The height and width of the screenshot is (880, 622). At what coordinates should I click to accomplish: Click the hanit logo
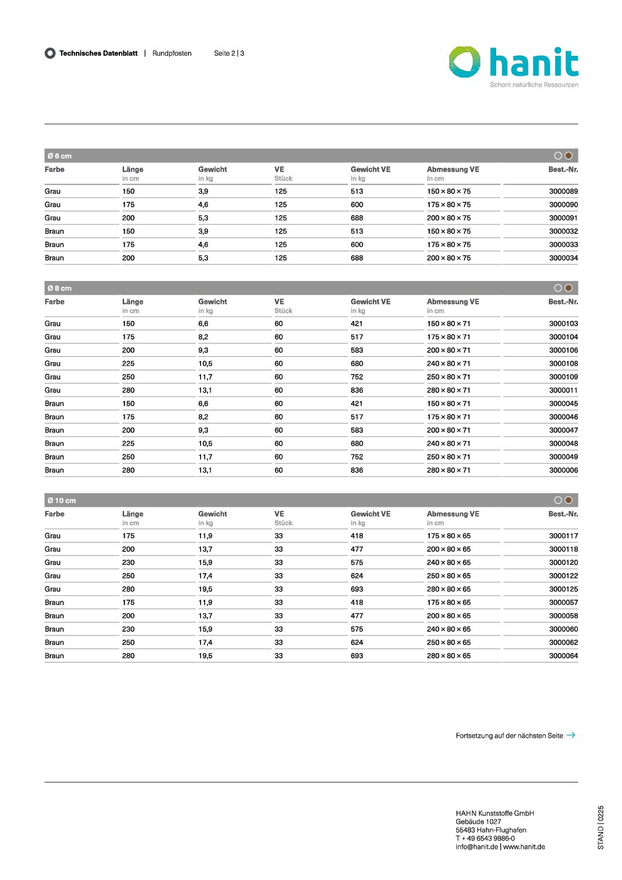point(513,63)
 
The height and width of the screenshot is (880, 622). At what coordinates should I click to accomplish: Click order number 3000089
point(563,192)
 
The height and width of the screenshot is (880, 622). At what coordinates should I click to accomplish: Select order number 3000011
point(563,390)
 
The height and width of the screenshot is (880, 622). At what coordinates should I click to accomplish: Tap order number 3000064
point(563,656)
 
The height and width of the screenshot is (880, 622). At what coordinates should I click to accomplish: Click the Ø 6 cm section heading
point(59,156)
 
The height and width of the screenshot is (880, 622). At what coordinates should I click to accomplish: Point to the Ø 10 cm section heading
point(62,501)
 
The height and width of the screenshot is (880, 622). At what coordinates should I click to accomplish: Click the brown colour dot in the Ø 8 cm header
point(569,288)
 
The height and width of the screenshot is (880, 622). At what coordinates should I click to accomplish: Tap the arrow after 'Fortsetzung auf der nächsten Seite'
point(571,735)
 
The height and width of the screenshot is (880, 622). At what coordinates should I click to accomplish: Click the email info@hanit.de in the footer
point(477,847)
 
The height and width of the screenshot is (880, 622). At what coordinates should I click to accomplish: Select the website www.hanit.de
point(524,847)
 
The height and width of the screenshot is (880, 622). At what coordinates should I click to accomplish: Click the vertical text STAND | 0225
point(601,827)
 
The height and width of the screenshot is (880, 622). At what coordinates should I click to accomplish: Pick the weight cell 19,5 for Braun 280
point(205,656)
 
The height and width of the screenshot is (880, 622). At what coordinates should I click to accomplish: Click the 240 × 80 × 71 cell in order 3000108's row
point(449,364)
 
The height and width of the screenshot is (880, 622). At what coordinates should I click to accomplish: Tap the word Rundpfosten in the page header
point(172,53)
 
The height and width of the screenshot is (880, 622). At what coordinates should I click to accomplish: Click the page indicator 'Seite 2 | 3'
point(229,53)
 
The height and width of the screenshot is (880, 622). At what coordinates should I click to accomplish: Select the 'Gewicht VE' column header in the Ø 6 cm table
point(370,170)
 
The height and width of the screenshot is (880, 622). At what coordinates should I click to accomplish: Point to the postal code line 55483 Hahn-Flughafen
point(491,830)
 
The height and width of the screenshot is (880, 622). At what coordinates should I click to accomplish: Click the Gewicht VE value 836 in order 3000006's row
point(357,470)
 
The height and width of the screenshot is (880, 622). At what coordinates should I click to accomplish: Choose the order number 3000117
point(563,536)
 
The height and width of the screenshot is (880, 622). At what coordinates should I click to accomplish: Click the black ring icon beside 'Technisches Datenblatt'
point(50,53)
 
